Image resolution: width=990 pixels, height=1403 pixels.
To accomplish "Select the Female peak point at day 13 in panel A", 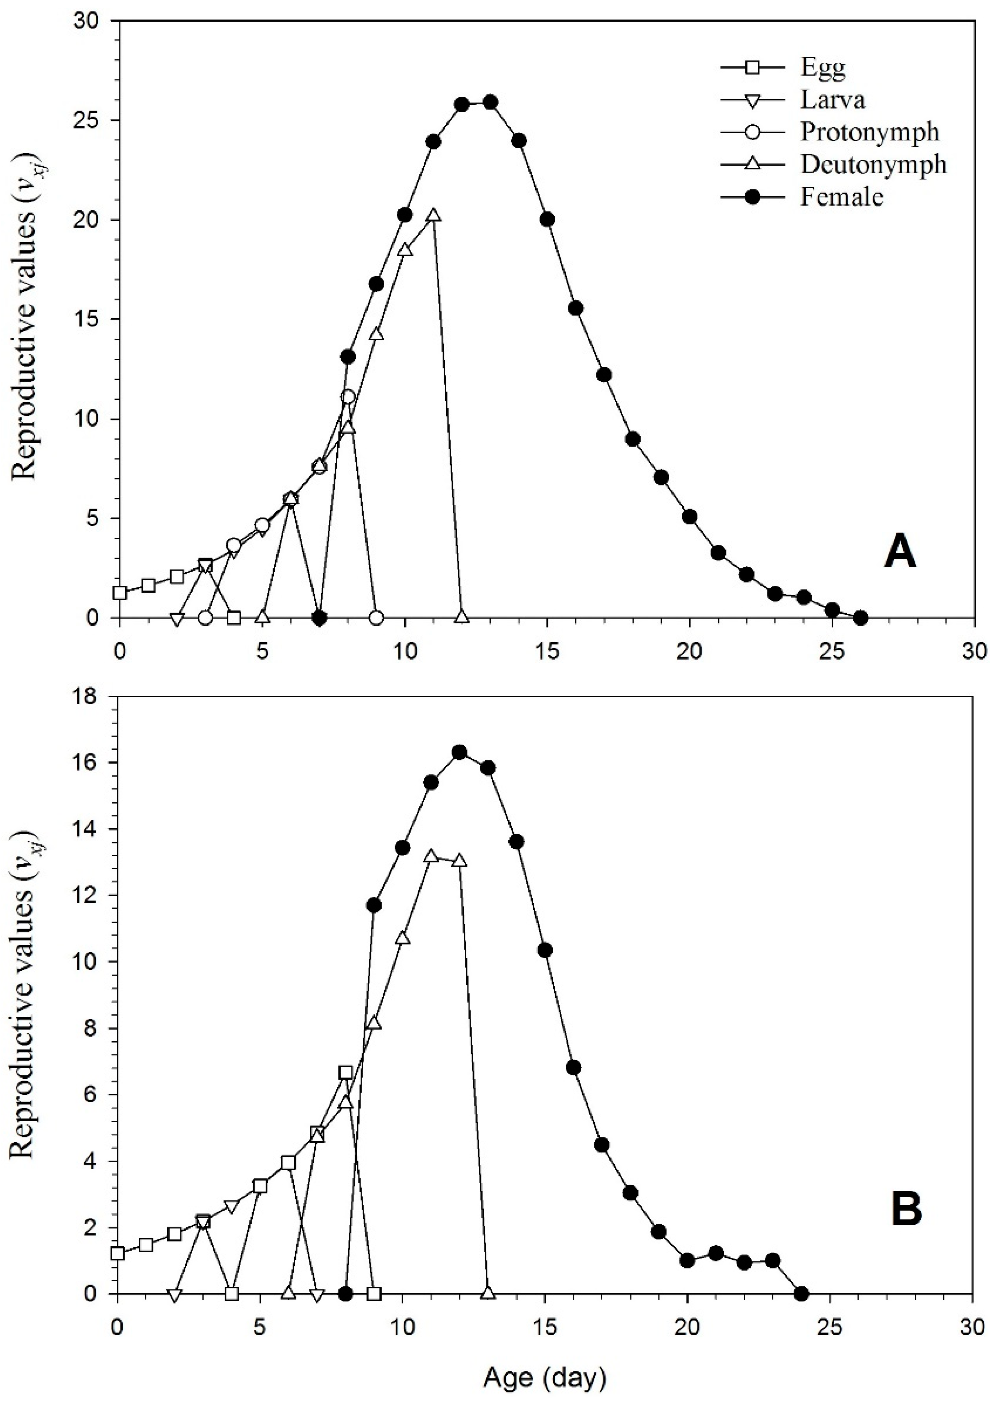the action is click(x=490, y=102).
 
